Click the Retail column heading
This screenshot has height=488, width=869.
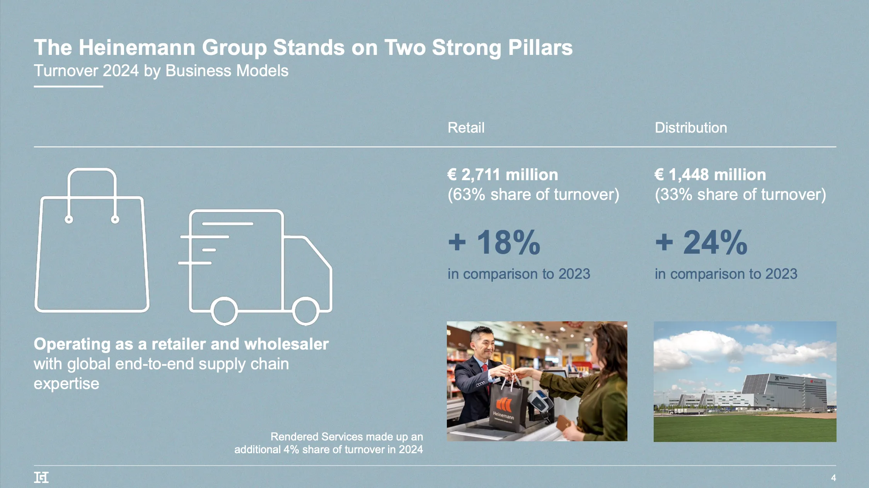[466, 128]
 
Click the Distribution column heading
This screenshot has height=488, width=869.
[691, 128]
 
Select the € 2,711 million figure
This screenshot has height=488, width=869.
[503, 175]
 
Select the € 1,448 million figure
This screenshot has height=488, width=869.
[710, 175]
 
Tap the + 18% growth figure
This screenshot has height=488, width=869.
[494, 242]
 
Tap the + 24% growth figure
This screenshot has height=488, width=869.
[701, 242]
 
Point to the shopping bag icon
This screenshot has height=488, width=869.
[92, 247]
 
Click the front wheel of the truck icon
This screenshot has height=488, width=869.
[305, 311]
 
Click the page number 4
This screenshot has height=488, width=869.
[833, 478]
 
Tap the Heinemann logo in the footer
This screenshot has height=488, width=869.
[41, 478]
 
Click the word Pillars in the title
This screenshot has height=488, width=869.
[540, 48]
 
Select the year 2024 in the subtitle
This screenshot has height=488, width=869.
[121, 71]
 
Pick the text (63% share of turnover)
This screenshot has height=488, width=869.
[533, 195]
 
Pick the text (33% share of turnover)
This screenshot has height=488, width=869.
[740, 195]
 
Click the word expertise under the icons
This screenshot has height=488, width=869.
[66, 384]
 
